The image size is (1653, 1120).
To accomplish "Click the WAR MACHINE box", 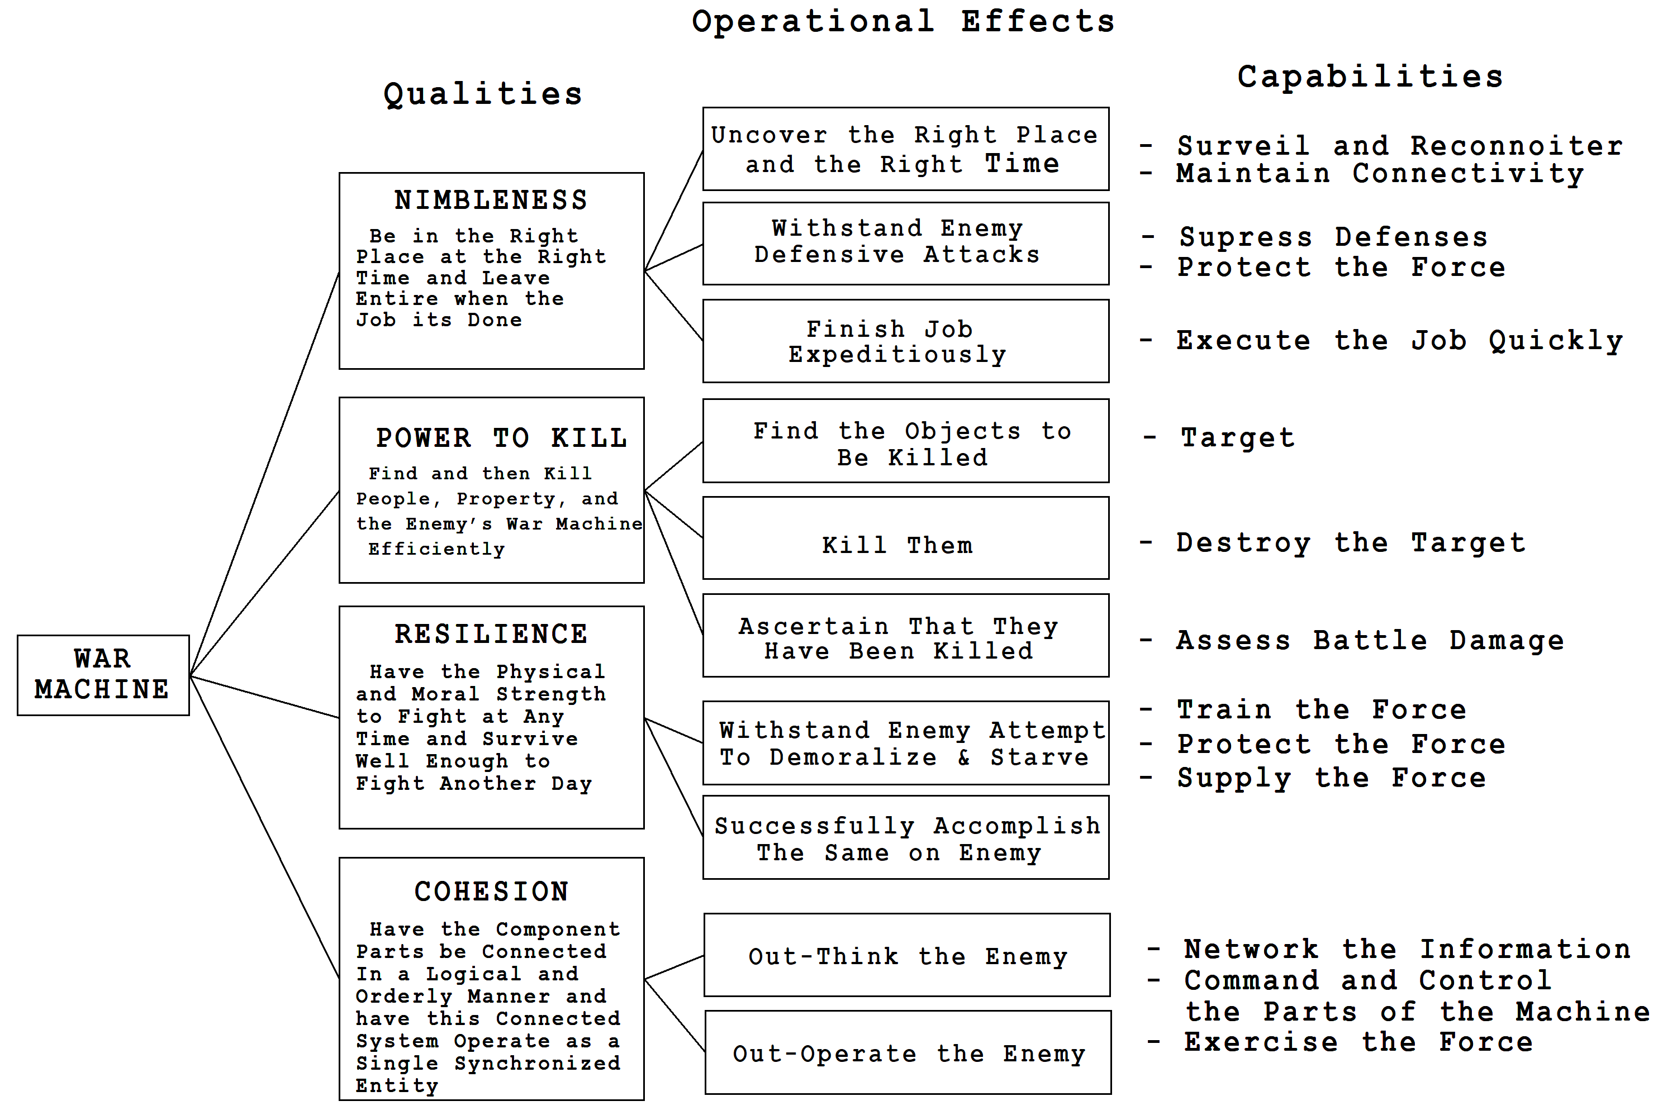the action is (103, 675).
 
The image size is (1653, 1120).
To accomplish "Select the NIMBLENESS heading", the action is (492, 201).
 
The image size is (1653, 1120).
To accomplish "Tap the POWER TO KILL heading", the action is (501, 438).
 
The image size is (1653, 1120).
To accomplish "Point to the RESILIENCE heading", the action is (492, 633).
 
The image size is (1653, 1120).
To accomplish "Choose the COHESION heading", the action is (492, 892).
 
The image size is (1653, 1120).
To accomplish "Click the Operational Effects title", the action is (903, 21).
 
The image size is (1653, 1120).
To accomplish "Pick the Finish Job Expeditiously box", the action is (905, 341).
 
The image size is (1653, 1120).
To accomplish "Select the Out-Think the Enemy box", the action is (907, 955).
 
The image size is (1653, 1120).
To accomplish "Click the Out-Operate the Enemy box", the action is (908, 1052).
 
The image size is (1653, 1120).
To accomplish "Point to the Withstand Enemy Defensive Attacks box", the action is (905, 243).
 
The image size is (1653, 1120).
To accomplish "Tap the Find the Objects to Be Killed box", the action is (905, 440).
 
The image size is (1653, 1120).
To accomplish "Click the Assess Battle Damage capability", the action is (1370, 641).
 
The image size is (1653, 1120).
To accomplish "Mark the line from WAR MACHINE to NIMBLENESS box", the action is (264, 473).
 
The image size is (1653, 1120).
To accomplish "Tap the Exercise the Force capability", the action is (1358, 1042).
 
